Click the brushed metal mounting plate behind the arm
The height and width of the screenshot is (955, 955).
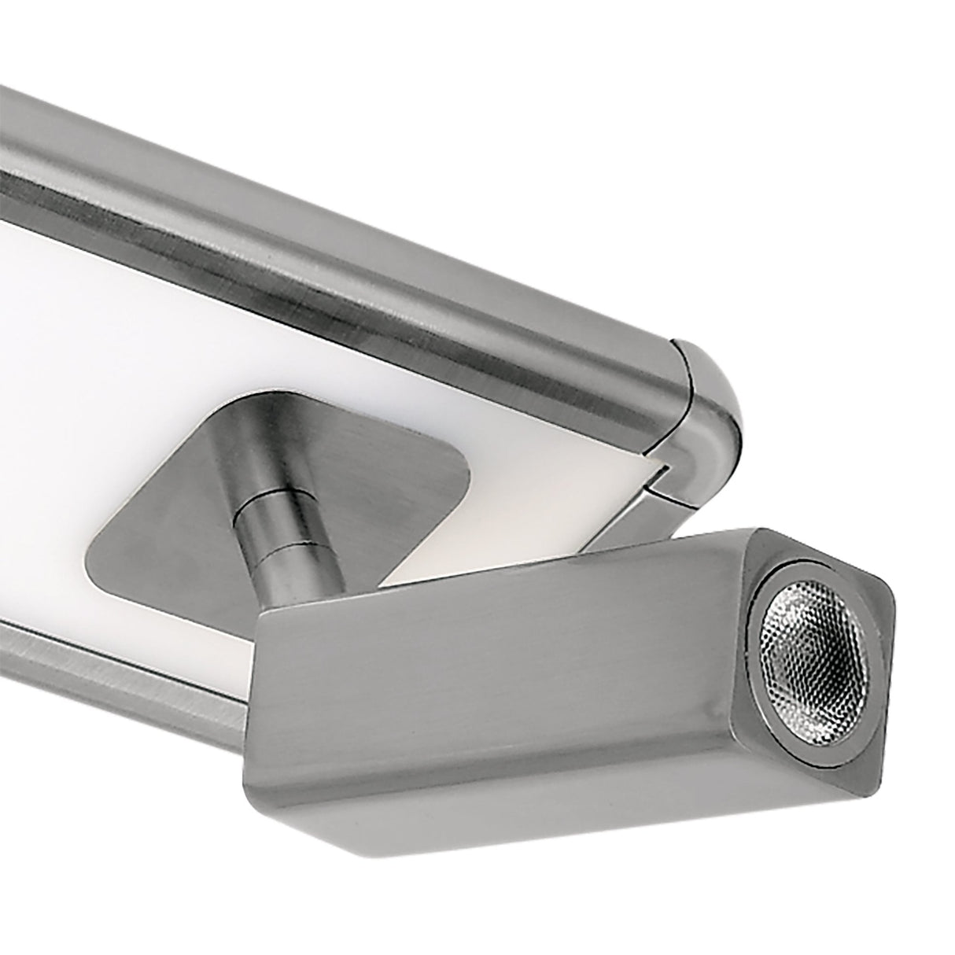157,543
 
